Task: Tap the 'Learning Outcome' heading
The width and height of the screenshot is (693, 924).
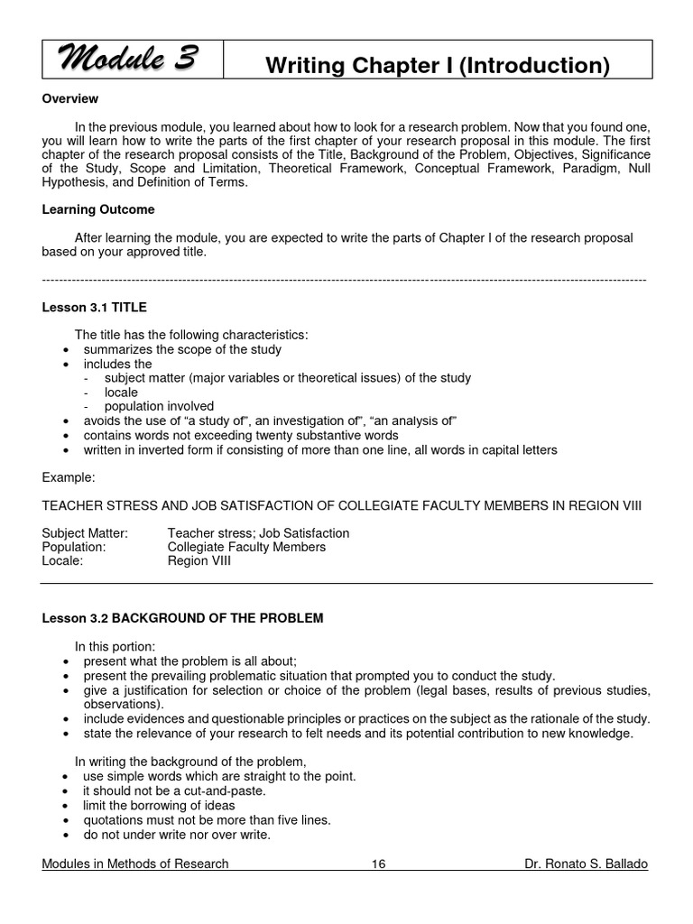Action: (98, 209)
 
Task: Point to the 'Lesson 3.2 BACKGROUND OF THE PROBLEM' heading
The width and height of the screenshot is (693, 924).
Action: (182, 618)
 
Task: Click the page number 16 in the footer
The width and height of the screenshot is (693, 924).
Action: (378, 864)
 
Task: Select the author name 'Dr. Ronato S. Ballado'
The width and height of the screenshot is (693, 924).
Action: (586, 864)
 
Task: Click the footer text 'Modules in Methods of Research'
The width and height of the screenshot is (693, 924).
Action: (135, 864)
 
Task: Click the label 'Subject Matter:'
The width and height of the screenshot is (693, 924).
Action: (85, 533)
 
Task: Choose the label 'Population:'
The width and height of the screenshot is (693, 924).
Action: (74, 547)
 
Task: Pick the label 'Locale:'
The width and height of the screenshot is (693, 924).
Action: (63, 560)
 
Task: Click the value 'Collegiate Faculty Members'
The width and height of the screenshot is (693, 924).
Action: (246, 547)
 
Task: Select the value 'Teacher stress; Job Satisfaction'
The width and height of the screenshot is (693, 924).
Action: (258, 533)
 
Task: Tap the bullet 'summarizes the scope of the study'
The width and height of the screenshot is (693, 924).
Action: (182, 349)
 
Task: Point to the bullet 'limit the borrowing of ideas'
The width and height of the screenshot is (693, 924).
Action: (159, 805)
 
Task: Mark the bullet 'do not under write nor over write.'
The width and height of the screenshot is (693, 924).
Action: (177, 834)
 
